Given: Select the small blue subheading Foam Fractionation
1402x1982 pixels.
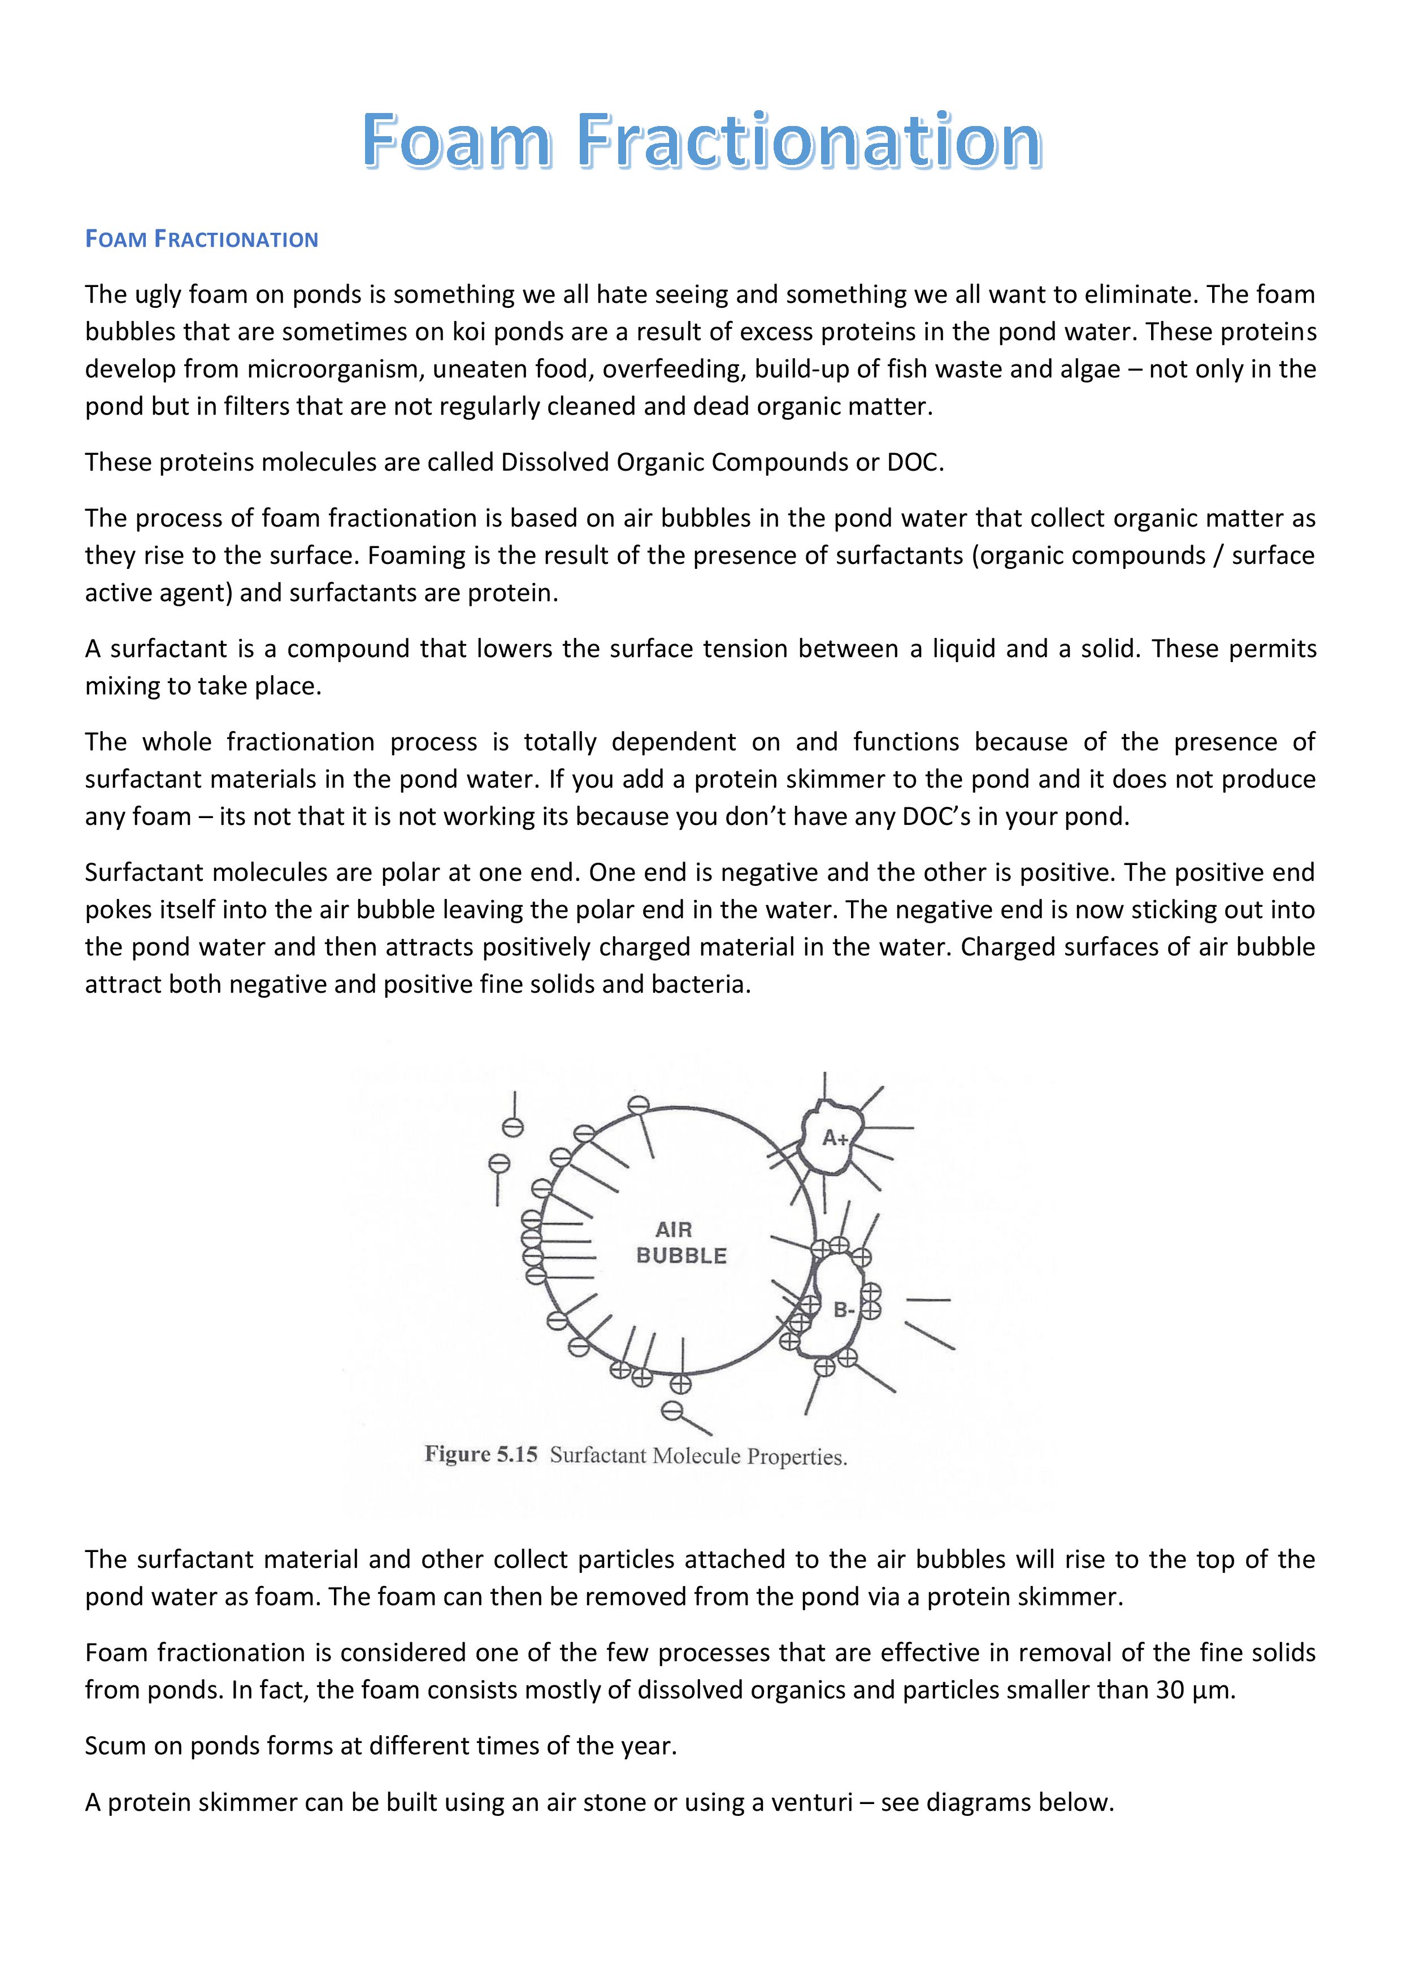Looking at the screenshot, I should tap(201, 239).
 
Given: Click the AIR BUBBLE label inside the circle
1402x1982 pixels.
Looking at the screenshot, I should tap(680, 1243).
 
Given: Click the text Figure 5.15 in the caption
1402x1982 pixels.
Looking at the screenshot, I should tap(481, 1454).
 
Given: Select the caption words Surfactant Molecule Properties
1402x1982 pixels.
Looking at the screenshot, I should tap(697, 1457).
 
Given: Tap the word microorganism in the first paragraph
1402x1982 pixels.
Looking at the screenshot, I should tap(332, 370).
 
